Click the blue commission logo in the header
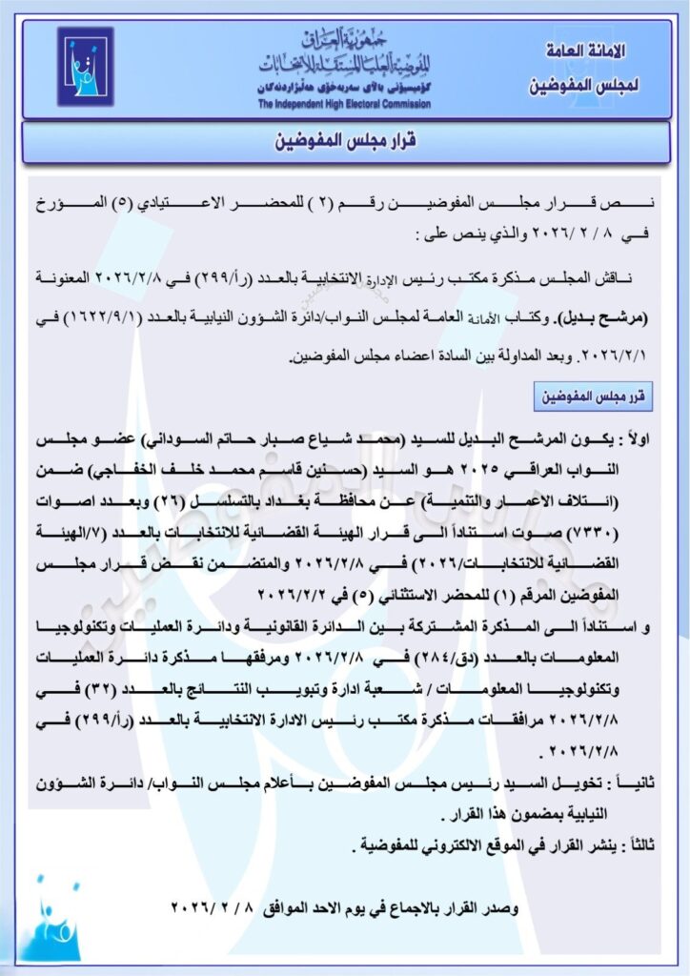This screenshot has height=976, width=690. tap(85, 67)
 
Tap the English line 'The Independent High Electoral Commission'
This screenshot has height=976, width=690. tap(344, 104)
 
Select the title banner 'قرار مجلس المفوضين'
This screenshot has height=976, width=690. tap(344, 143)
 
